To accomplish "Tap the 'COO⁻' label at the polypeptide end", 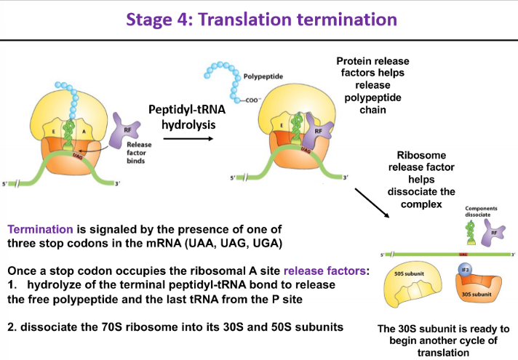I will [253, 101].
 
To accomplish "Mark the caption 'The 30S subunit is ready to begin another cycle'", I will [444, 339].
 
